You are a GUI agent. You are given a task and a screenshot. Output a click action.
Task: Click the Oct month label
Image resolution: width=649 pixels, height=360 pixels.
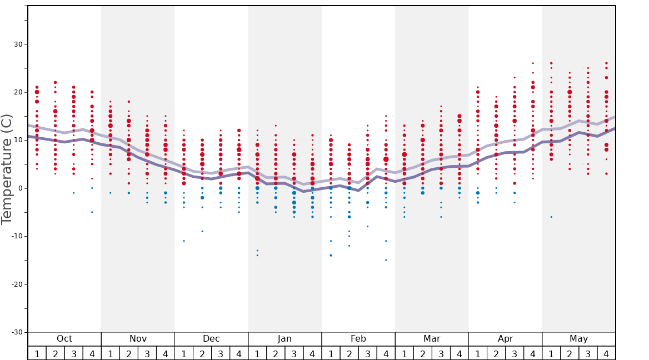(x=64, y=339)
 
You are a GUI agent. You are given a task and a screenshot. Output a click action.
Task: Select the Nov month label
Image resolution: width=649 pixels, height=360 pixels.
(x=138, y=339)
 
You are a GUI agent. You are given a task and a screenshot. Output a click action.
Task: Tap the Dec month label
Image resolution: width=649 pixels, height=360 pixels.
(x=211, y=339)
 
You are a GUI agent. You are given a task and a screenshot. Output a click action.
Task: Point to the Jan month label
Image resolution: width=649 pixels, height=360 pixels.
(x=284, y=339)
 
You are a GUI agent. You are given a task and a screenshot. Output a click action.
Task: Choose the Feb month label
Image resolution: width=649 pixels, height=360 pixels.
(x=358, y=339)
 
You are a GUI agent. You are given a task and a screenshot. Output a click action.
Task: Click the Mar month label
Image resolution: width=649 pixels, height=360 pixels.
(x=432, y=339)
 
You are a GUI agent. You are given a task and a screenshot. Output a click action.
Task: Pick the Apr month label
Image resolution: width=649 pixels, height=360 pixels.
(x=505, y=339)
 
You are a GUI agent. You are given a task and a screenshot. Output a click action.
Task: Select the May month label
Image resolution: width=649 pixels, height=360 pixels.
(x=578, y=339)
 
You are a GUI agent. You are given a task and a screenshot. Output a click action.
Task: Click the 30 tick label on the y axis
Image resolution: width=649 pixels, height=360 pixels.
(x=17, y=44)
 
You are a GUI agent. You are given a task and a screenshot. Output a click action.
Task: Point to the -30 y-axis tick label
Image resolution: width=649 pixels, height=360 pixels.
(x=15, y=332)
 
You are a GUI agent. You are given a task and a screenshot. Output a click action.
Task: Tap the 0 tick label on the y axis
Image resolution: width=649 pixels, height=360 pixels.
(x=19, y=188)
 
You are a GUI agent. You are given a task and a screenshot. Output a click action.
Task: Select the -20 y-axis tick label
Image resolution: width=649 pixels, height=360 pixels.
(x=15, y=284)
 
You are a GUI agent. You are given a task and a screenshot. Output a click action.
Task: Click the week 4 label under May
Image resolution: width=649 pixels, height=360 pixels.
(x=606, y=353)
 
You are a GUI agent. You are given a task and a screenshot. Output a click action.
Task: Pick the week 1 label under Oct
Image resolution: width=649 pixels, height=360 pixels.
(x=37, y=353)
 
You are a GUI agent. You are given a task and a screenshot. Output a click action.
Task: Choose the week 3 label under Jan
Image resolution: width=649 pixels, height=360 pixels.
(x=294, y=353)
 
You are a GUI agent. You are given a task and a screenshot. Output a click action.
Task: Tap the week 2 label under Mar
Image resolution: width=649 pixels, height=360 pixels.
(x=423, y=353)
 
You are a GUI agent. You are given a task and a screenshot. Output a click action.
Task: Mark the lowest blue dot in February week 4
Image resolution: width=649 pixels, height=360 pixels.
(x=386, y=260)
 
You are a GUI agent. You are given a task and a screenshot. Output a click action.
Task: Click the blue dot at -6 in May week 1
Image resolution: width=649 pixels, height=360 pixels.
(x=551, y=217)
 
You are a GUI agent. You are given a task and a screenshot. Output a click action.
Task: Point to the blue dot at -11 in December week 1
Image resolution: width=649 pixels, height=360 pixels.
(x=184, y=241)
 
